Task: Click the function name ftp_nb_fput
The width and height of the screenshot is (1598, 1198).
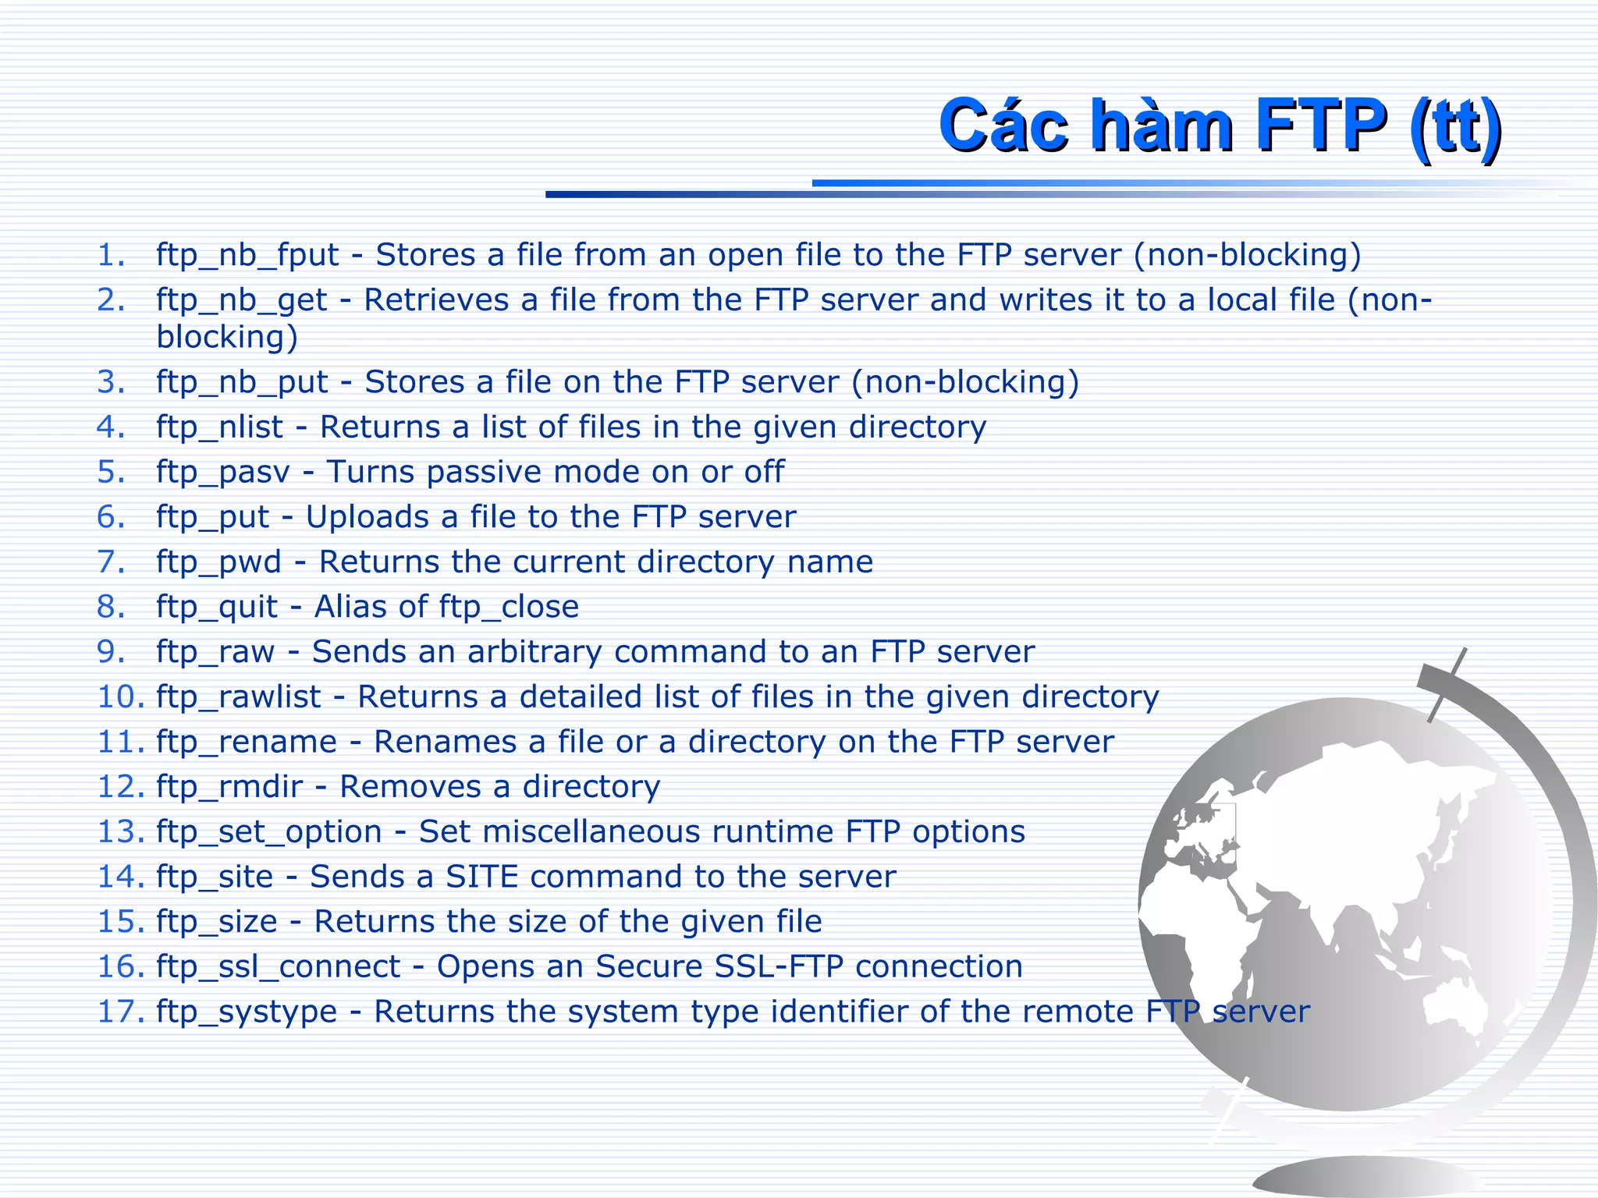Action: click(x=247, y=255)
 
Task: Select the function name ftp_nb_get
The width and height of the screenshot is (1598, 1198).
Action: click(x=241, y=300)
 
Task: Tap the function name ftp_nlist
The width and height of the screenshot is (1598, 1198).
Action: click(x=219, y=427)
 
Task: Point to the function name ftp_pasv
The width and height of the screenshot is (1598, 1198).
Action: click(x=222, y=473)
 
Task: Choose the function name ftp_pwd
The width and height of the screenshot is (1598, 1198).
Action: click(x=218, y=562)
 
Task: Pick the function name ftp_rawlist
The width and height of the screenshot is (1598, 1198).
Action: click(x=238, y=697)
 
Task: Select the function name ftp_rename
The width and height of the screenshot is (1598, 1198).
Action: click(x=246, y=742)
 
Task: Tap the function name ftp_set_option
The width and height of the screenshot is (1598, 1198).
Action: click(x=268, y=832)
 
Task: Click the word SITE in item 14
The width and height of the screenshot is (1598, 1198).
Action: click(x=481, y=877)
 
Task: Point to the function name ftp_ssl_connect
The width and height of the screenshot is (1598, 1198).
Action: click(x=278, y=967)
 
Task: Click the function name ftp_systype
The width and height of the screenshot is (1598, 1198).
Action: click(x=246, y=1012)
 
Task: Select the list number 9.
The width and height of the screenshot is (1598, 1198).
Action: click(x=111, y=652)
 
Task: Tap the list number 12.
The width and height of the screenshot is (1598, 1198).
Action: click(x=120, y=787)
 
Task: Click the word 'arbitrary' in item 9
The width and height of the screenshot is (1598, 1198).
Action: click(x=534, y=652)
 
